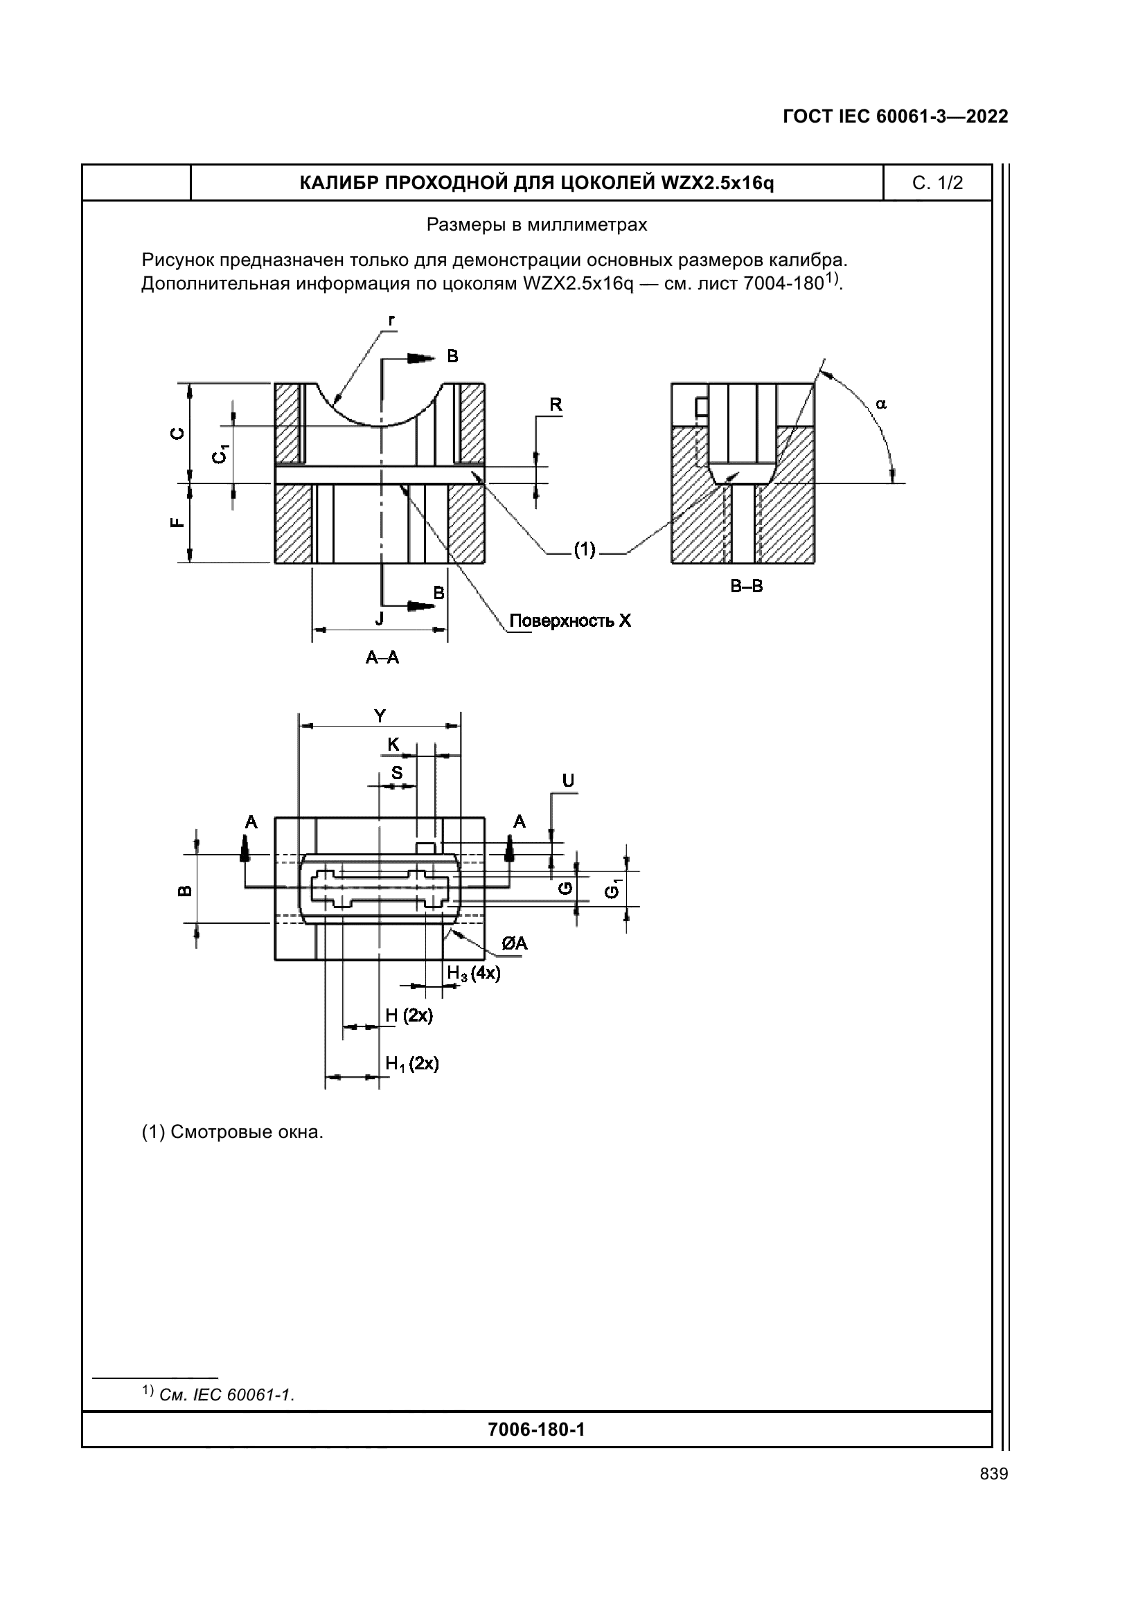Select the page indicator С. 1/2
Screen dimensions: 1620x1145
tap(937, 184)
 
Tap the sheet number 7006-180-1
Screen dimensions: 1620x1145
tap(536, 1430)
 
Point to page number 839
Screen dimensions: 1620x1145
tap(993, 1474)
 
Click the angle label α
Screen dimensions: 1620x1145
tap(881, 404)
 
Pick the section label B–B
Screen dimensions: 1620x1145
tap(747, 587)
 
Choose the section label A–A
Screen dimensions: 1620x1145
tap(382, 657)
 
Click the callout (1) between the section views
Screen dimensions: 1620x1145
tap(584, 549)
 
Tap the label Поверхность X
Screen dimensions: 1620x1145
tap(570, 621)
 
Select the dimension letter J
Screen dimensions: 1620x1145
tap(380, 619)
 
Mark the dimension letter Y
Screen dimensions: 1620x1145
tap(380, 716)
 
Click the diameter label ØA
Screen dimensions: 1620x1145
tap(514, 943)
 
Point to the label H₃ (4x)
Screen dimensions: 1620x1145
tap(473, 974)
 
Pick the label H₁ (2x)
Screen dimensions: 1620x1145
tap(412, 1063)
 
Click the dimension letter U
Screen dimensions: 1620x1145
tap(568, 781)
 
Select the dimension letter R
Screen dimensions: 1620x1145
tap(556, 405)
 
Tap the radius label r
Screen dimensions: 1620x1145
tap(391, 321)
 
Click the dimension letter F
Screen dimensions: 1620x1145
tap(178, 523)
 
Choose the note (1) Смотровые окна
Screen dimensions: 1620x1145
tap(232, 1132)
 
